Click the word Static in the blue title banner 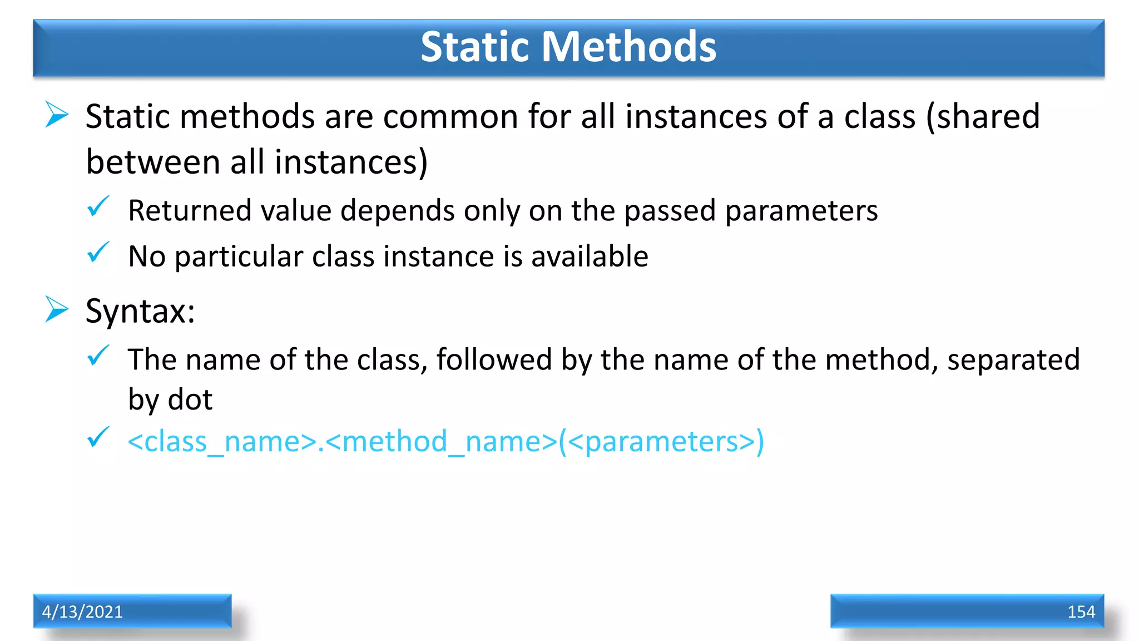point(474,46)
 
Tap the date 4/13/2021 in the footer point(82,612)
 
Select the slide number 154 point(1081,612)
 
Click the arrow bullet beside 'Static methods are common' point(57,115)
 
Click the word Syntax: point(140,311)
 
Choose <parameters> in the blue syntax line point(661,442)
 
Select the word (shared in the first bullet point(983,117)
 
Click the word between point(153,162)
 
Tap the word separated point(1013,360)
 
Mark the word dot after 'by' point(190,400)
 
